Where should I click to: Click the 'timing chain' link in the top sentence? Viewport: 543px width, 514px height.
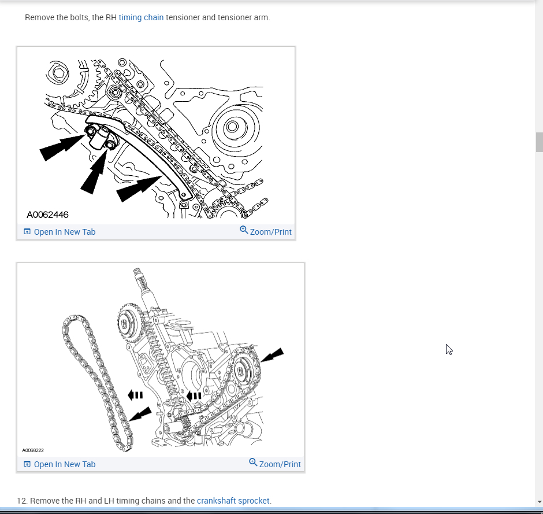click(141, 17)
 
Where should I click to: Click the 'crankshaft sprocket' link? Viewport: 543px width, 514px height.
click(233, 501)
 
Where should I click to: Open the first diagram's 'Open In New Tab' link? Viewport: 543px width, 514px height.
click(65, 232)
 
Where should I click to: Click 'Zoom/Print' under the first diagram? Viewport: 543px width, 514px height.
click(270, 232)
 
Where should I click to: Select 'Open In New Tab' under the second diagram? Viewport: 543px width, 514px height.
click(65, 464)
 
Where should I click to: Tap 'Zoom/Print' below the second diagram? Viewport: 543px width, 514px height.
click(280, 464)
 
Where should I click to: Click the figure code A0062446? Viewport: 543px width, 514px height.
click(47, 215)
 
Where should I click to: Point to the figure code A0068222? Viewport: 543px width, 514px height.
click(33, 450)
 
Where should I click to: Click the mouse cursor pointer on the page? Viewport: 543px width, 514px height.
click(449, 349)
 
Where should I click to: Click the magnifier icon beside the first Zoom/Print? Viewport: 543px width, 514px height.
click(244, 230)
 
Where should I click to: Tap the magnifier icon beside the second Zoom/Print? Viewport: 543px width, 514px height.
click(253, 463)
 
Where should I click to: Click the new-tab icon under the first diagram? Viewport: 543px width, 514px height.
click(27, 231)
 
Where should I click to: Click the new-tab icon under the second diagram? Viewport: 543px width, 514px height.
click(27, 464)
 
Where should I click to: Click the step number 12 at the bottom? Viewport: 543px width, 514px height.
click(22, 501)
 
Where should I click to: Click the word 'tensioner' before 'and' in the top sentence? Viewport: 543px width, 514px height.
click(183, 17)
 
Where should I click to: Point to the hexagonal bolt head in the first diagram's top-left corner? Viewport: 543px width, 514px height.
click(59, 73)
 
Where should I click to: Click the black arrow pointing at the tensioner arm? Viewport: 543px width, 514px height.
click(139, 188)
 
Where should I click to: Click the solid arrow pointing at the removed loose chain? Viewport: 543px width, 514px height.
click(140, 414)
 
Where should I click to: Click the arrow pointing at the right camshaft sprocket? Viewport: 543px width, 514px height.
click(272, 355)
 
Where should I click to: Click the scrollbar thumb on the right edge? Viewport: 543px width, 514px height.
click(539, 142)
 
